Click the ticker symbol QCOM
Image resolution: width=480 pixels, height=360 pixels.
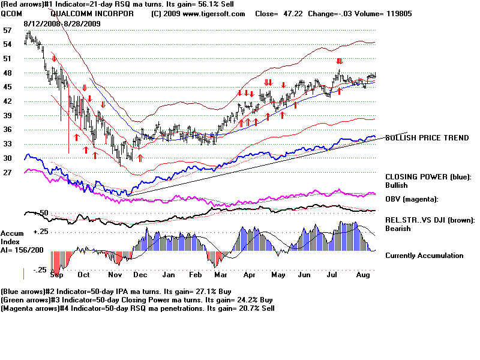coord(11,13)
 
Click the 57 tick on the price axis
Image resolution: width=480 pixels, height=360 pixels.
coord(7,29)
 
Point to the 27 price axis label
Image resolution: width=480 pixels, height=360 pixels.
coord(7,172)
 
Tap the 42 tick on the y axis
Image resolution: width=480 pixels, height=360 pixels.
coord(7,101)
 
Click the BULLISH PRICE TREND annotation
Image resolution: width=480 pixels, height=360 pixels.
coord(427,138)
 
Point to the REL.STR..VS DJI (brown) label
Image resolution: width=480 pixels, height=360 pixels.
coord(430,220)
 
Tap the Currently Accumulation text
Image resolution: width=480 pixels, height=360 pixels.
coord(424,256)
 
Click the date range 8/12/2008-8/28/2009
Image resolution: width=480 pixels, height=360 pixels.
coord(62,23)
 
